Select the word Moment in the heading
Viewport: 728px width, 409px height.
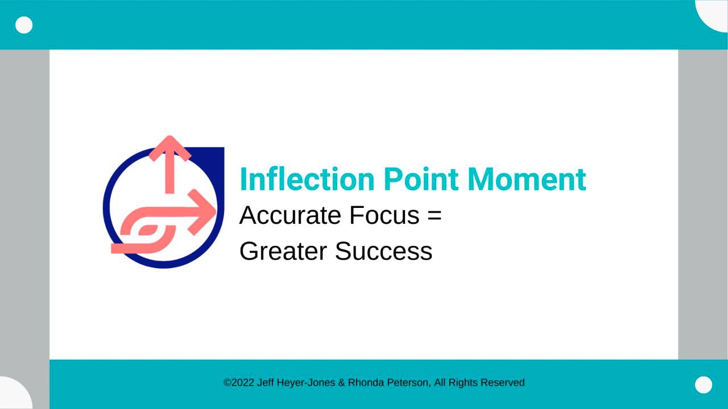click(527, 179)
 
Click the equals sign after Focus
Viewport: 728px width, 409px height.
click(435, 216)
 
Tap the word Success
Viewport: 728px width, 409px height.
click(383, 251)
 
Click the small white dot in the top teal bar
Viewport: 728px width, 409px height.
click(24, 25)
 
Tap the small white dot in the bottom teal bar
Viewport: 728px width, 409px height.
click(704, 385)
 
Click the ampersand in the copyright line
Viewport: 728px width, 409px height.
click(341, 383)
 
